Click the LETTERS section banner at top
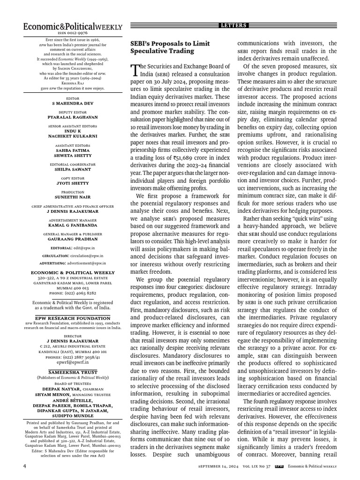pos(234,25)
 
